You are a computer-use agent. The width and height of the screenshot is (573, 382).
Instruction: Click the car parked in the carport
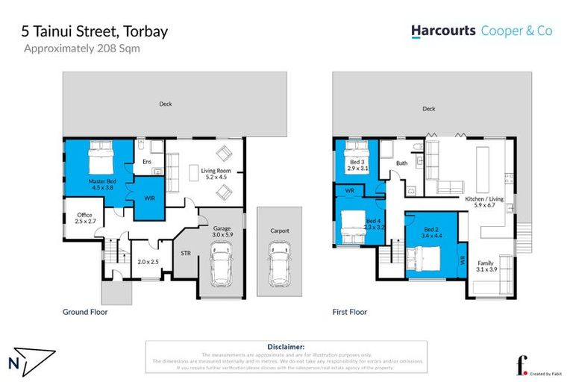coord(279,262)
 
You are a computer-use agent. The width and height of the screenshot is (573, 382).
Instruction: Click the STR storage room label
coord(186,254)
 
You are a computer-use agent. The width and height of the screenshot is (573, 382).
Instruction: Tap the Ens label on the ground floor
coord(147,162)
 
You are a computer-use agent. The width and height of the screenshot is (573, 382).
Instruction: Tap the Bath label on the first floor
coord(401,163)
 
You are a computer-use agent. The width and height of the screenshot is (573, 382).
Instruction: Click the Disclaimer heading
coord(286,347)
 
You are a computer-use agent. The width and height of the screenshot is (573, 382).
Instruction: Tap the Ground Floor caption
coord(86,312)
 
